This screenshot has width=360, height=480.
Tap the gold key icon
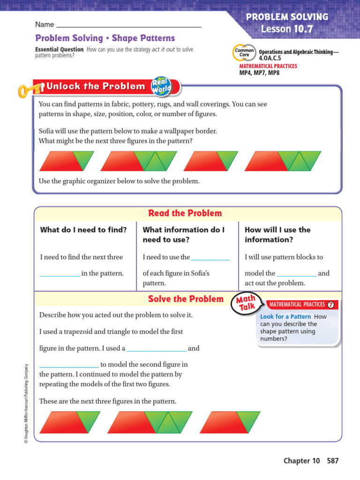(x=30, y=89)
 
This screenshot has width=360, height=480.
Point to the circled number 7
(x=331, y=305)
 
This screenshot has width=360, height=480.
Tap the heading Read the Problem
(x=185, y=213)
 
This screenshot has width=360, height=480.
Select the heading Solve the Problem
(x=186, y=299)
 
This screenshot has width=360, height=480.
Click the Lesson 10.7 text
(x=287, y=29)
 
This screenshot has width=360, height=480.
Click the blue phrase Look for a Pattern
(x=285, y=317)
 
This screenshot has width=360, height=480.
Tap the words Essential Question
(x=60, y=50)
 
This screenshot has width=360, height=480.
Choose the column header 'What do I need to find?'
(x=83, y=230)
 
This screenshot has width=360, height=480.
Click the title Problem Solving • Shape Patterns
(x=105, y=38)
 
